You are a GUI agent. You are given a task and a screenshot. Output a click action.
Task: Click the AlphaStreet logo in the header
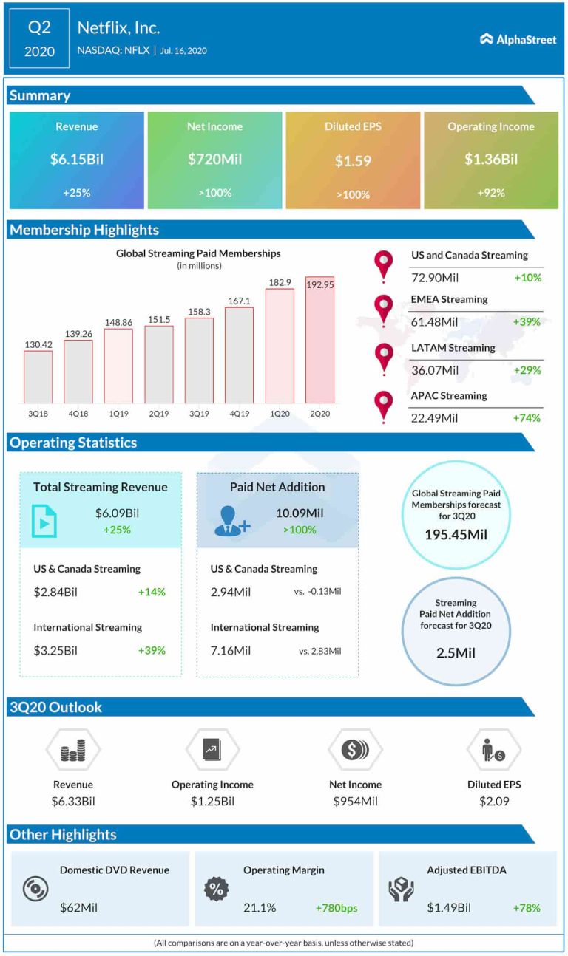click(518, 39)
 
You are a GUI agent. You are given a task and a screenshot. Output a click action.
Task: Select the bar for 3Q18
click(38, 376)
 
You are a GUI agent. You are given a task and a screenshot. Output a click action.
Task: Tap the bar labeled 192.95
click(319, 339)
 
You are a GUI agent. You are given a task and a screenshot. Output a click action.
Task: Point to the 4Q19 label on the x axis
click(239, 414)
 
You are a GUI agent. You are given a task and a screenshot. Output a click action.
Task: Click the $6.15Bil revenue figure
click(76, 159)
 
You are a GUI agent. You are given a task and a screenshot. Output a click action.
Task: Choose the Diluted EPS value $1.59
click(353, 160)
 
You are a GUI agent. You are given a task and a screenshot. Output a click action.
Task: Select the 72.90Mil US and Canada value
click(435, 278)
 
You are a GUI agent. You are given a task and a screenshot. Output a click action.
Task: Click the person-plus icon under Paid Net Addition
click(231, 521)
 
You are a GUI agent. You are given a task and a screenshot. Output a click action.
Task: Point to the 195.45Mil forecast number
click(456, 534)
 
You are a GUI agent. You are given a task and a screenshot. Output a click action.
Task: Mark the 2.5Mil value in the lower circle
click(456, 653)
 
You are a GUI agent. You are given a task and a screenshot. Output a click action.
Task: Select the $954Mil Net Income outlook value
click(356, 802)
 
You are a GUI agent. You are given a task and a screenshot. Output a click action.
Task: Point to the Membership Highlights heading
click(84, 230)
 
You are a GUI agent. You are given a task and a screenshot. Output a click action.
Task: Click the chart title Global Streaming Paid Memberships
click(198, 253)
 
